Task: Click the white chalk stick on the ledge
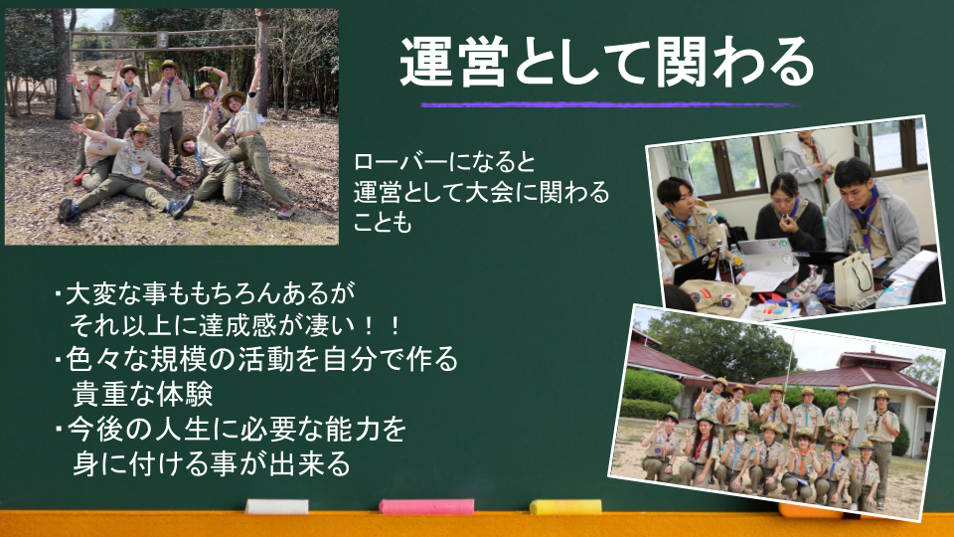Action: pos(277,506)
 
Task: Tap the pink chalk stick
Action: pos(426,506)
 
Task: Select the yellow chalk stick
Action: pos(565,506)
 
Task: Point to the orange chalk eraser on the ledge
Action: pos(811,510)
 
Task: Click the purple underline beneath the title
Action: pos(608,104)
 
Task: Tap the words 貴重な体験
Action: pos(142,394)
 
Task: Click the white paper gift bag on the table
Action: pos(853,277)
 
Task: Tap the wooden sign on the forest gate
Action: pos(162,40)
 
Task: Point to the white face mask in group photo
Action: pos(739,439)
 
